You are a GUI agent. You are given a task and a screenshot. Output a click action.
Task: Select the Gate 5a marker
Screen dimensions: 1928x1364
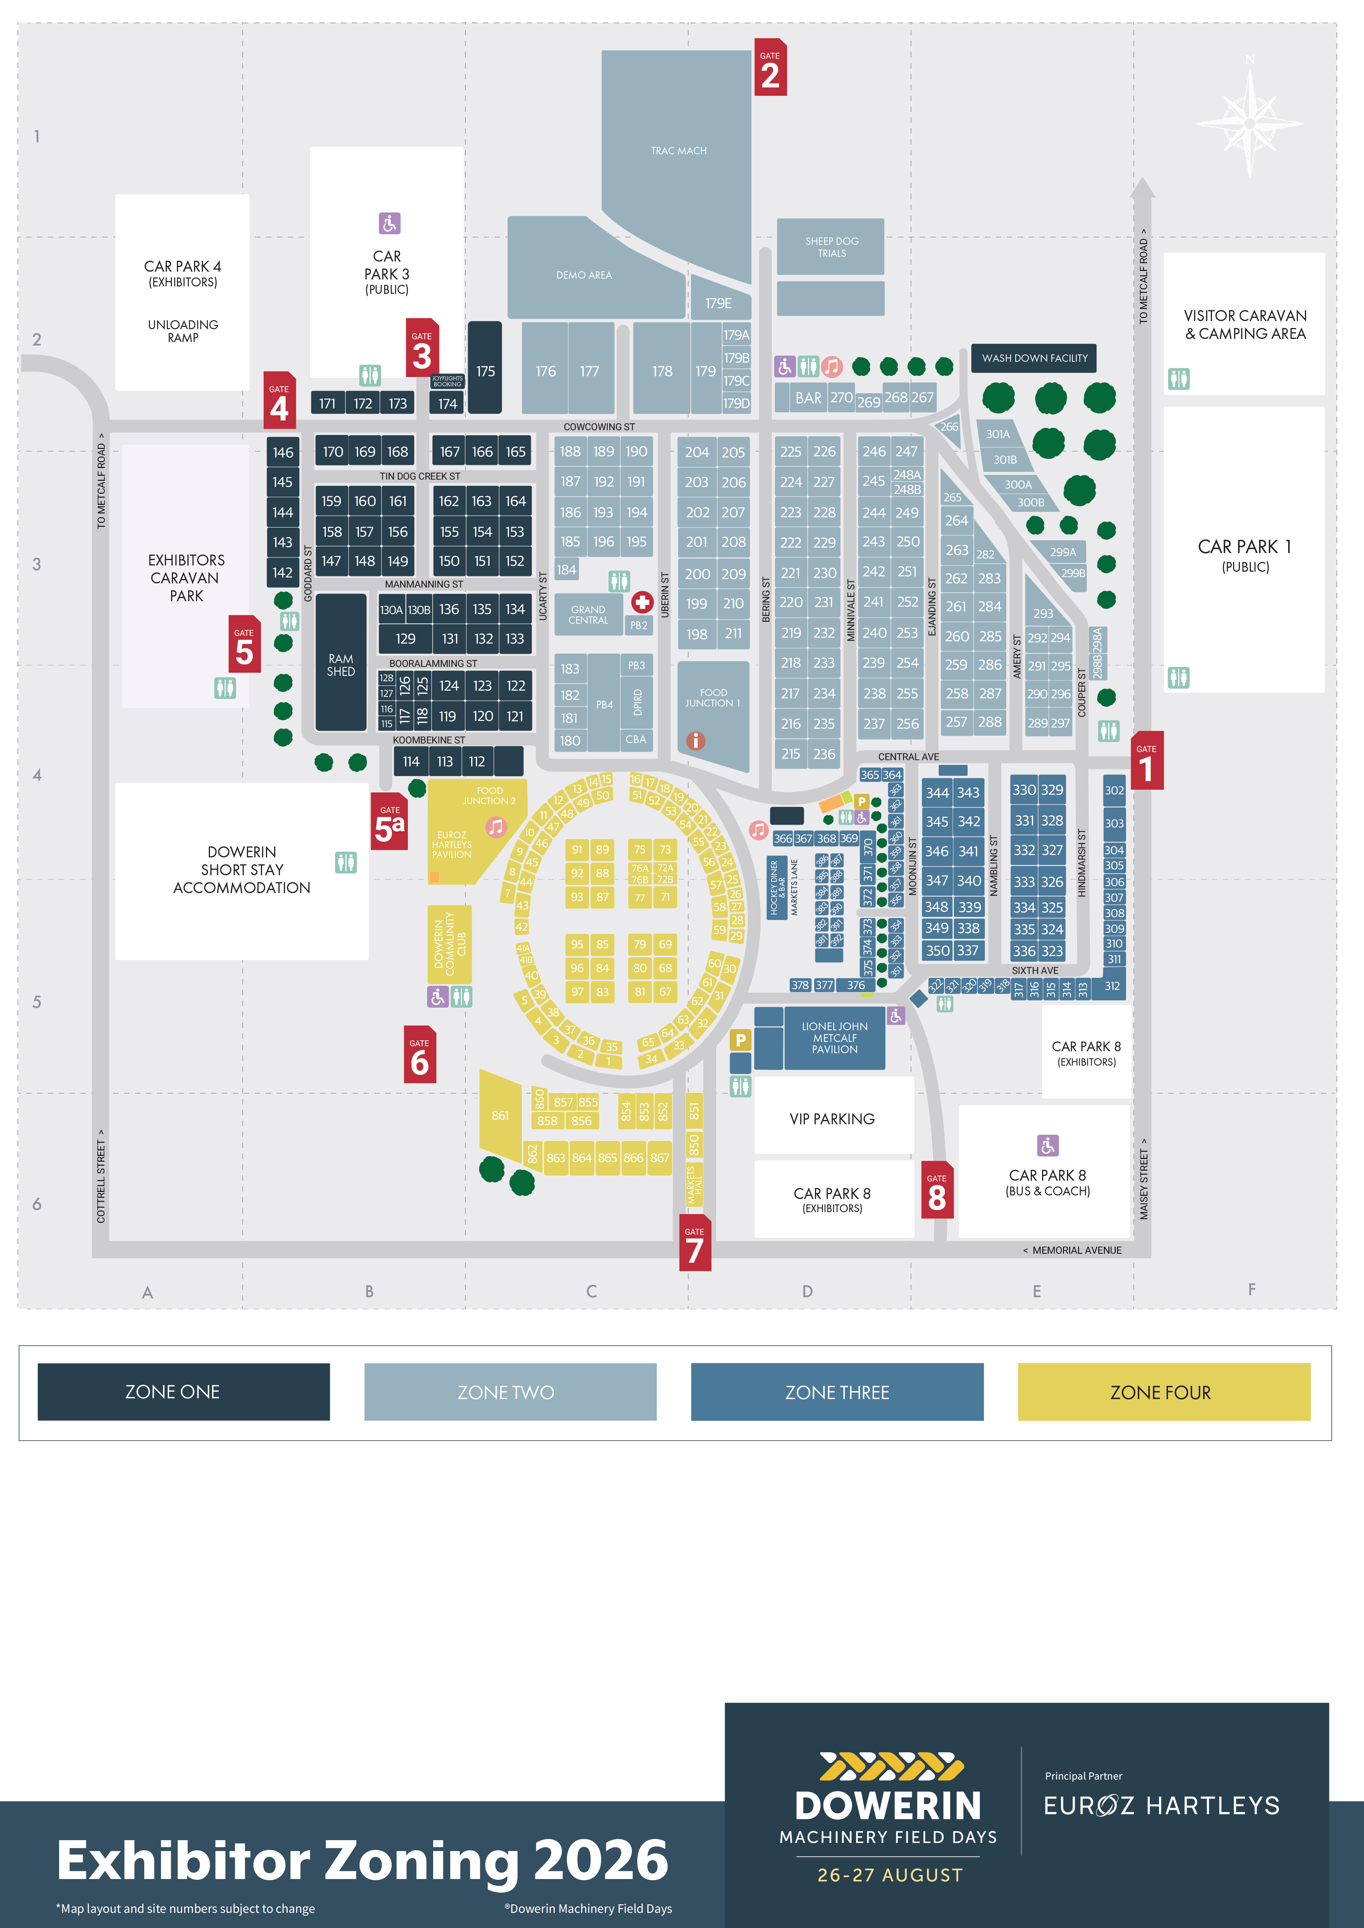pos(390,822)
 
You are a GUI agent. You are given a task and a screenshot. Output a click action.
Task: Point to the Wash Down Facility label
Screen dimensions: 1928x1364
pos(1034,358)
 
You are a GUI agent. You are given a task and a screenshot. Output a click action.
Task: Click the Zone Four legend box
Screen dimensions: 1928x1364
pos(1163,1392)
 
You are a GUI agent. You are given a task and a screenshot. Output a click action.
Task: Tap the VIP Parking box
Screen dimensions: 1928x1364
pos(832,1118)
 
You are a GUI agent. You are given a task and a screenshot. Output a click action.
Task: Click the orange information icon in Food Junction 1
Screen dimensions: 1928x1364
pos(696,741)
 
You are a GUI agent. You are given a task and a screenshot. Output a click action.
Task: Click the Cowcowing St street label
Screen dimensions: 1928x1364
pos(599,427)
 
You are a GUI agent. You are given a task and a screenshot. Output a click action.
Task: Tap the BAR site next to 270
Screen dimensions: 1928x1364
pos(808,398)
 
